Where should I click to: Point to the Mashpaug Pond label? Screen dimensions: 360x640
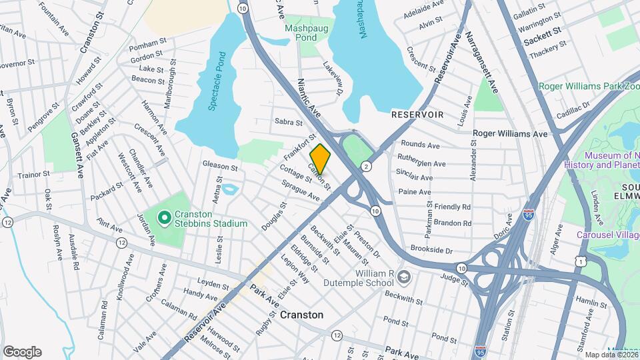[x=300, y=33]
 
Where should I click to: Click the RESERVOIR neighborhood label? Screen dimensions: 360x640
[x=417, y=115]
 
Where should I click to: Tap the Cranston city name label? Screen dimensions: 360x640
[x=301, y=315]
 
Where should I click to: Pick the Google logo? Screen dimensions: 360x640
[x=22, y=352]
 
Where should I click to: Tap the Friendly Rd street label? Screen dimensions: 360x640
[x=453, y=207]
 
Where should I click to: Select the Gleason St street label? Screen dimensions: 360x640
[x=220, y=166]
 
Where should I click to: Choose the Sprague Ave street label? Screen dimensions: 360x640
[x=300, y=189]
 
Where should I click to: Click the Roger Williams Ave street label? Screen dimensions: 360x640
[x=510, y=133]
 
